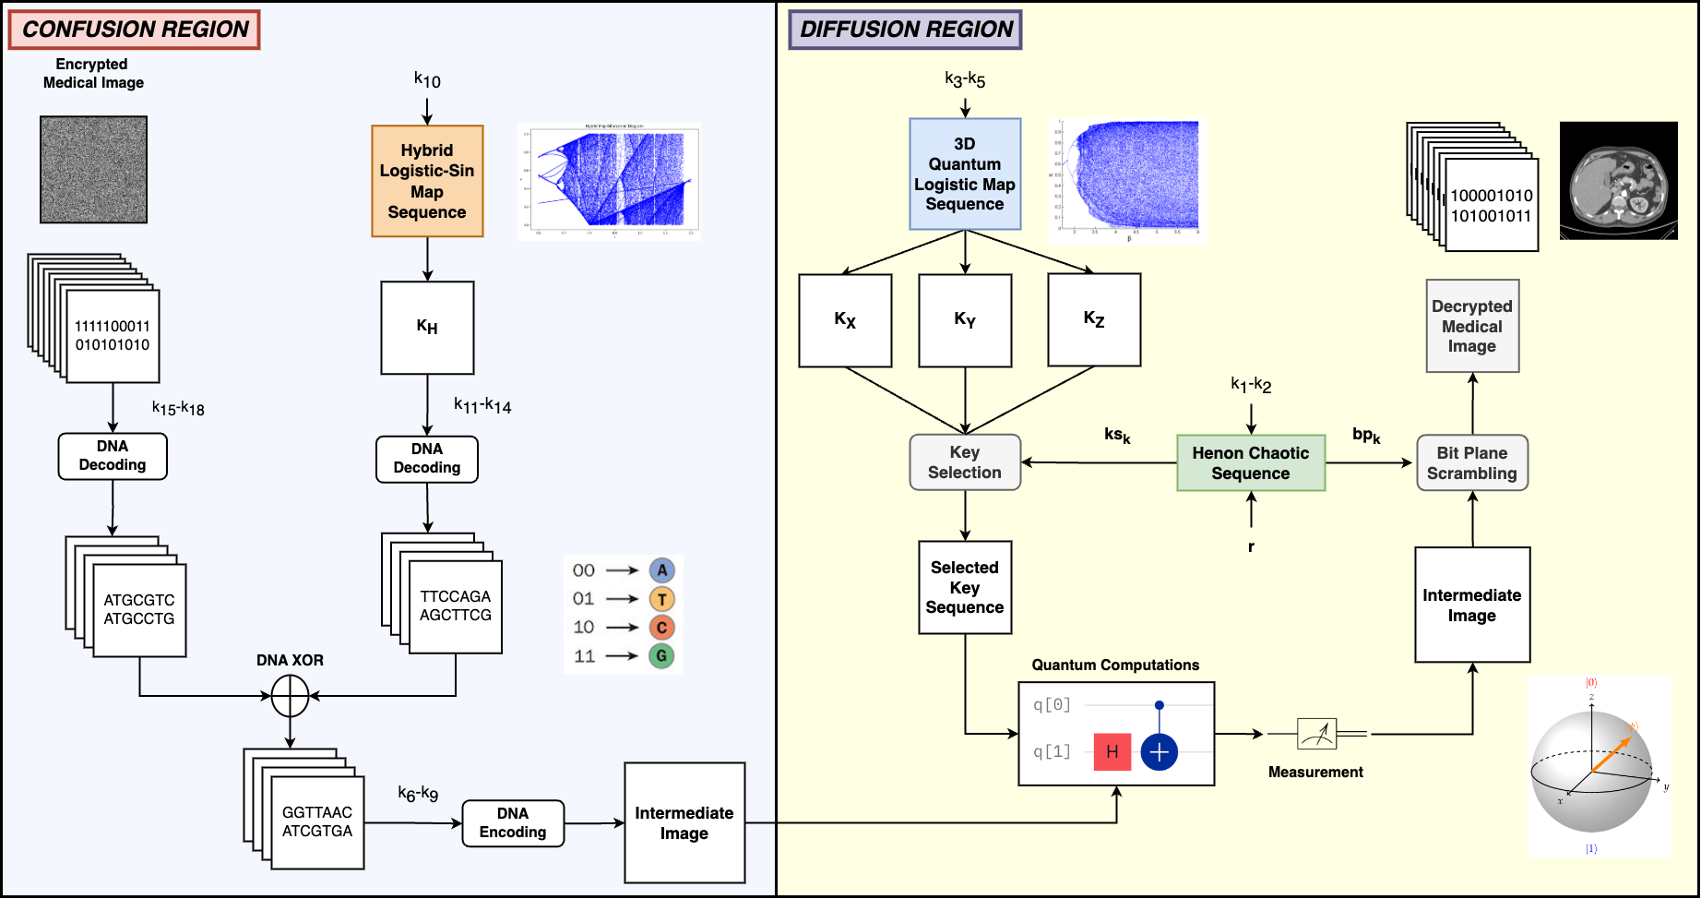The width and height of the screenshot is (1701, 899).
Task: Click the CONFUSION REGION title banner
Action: tap(135, 30)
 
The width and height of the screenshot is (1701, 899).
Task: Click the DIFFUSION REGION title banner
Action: tap(905, 30)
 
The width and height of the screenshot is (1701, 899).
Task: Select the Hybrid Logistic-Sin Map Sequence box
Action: tap(427, 181)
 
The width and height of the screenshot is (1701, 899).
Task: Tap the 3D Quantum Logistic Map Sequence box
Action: tap(965, 174)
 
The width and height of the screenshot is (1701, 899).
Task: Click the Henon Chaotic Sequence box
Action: tap(1251, 462)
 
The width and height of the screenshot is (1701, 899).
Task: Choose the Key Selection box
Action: tap(965, 461)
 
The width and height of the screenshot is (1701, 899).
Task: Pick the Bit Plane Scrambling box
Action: tap(1472, 462)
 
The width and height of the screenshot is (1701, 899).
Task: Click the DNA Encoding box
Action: tap(513, 822)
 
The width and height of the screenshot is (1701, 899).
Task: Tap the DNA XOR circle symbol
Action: tap(290, 696)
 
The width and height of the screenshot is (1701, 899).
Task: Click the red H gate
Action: tap(1112, 751)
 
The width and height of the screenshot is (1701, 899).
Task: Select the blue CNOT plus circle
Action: tap(1160, 752)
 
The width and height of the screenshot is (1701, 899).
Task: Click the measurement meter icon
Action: tap(1316, 734)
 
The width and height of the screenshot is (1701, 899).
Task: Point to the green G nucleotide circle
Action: tap(661, 656)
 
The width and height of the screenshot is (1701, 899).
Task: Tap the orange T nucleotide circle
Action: tap(661, 599)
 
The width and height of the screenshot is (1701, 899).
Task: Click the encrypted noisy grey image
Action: tap(93, 169)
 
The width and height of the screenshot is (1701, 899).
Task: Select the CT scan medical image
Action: tap(1618, 181)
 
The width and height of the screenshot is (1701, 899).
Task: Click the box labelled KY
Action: tap(965, 319)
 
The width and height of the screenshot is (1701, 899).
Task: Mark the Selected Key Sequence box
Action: tap(965, 587)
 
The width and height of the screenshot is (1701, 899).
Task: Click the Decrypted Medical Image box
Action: tap(1472, 326)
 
